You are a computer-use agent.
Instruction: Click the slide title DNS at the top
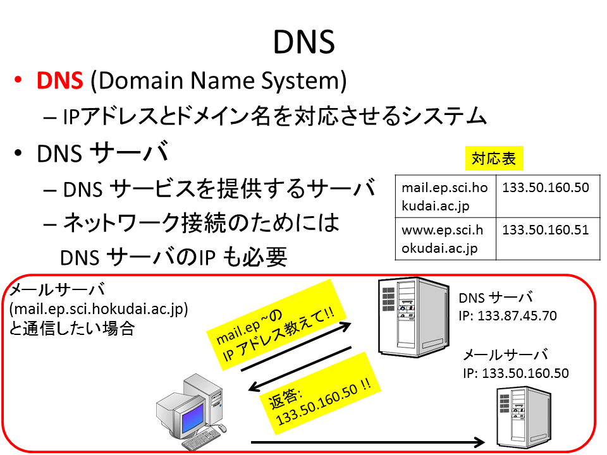(x=304, y=42)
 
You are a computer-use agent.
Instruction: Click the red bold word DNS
(x=59, y=80)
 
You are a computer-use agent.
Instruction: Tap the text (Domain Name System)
(x=218, y=81)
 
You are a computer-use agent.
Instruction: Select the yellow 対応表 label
(x=494, y=158)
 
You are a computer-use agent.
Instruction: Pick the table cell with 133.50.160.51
(x=548, y=238)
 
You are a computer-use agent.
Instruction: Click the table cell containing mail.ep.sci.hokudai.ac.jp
(x=446, y=196)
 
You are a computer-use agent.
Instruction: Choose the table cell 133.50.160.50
(x=548, y=196)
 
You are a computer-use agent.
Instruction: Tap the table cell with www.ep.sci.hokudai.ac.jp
(x=446, y=238)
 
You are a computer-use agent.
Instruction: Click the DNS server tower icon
(x=414, y=317)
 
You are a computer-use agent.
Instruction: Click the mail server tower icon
(x=524, y=418)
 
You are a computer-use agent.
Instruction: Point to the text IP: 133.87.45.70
(x=508, y=316)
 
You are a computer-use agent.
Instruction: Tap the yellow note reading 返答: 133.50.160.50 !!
(x=321, y=394)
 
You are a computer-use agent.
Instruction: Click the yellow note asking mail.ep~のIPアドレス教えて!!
(x=276, y=324)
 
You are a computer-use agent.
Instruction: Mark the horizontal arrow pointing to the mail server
(x=368, y=442)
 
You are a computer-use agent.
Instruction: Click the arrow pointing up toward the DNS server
(x=296, y=347)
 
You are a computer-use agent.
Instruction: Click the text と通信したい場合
(x=72, y=329)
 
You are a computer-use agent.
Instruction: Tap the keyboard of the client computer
(x=201, y=440)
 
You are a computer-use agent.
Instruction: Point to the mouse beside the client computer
(x=222, y=428)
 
